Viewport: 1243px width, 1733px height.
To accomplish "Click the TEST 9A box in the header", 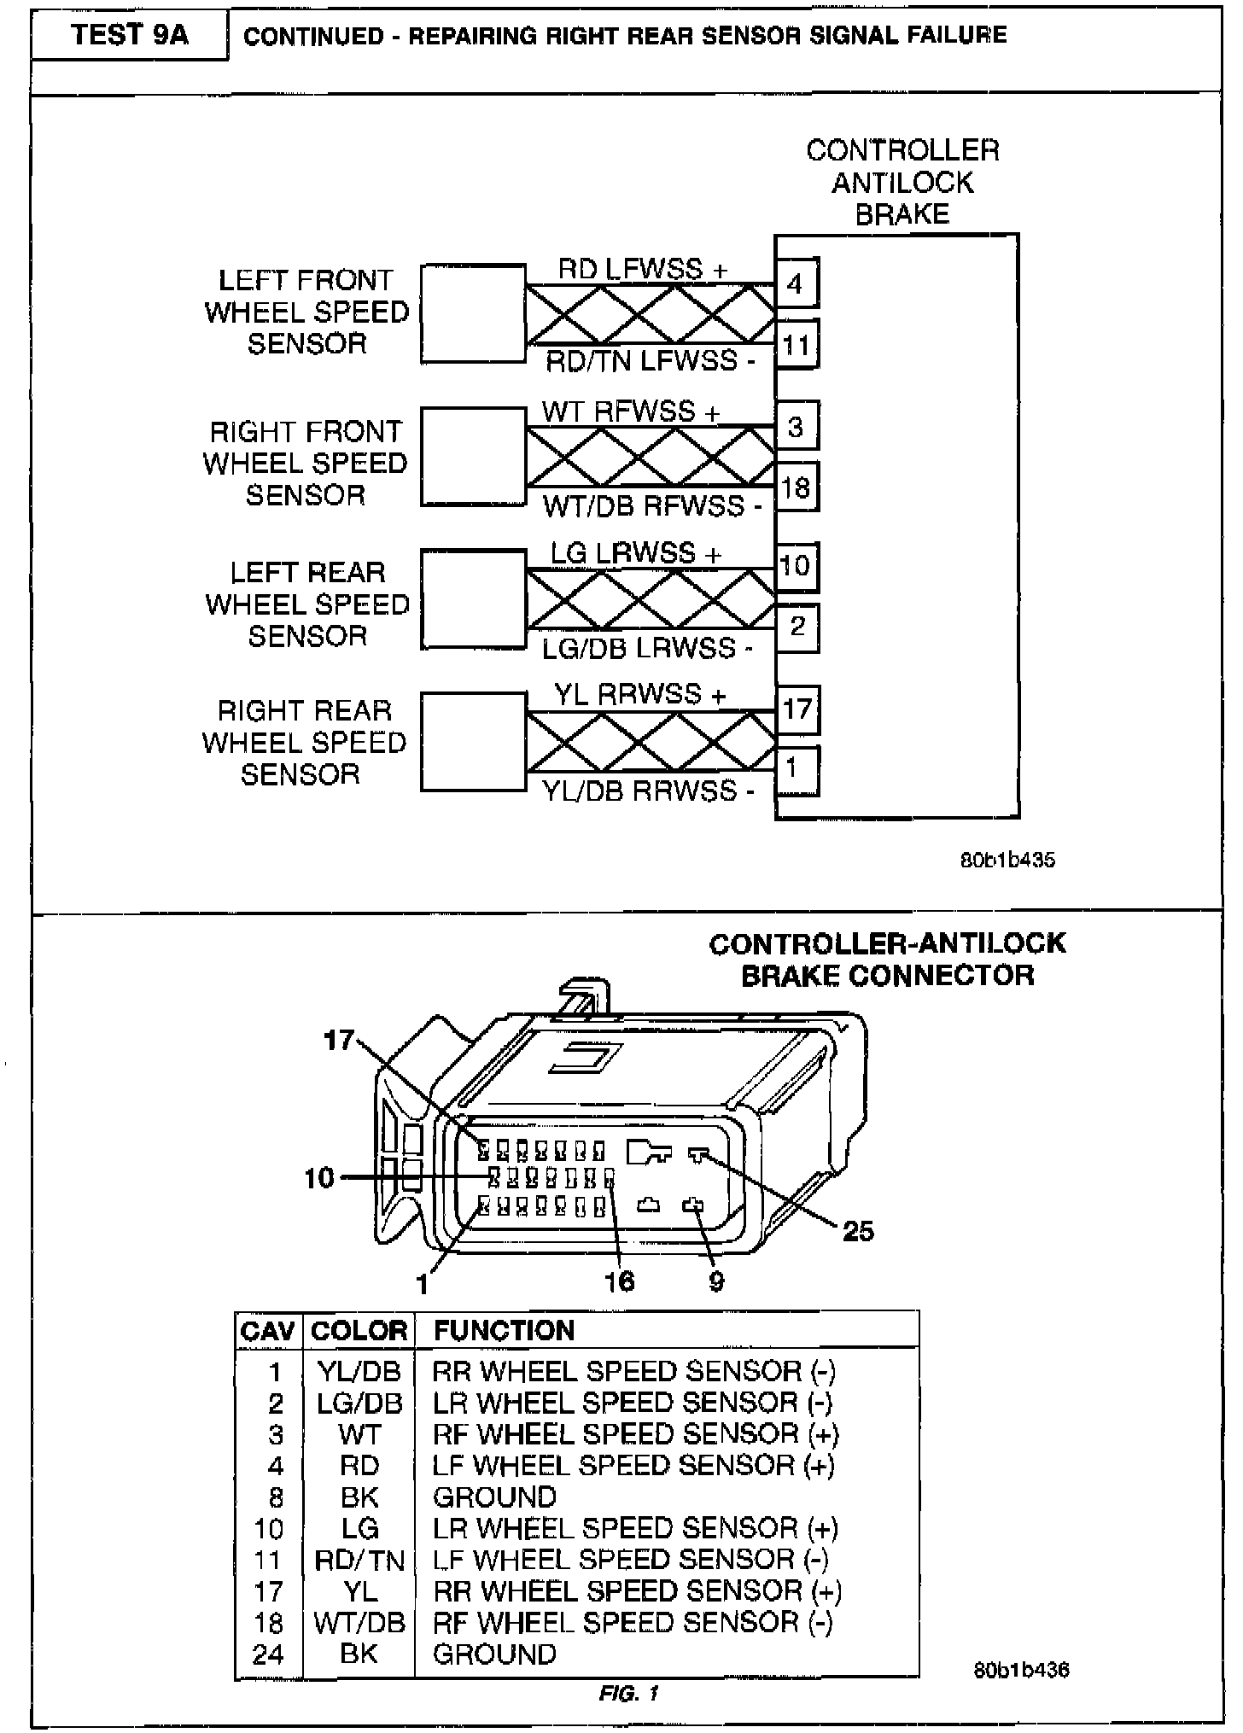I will (x=129, y=35).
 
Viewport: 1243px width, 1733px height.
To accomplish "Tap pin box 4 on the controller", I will (x=796, y=283).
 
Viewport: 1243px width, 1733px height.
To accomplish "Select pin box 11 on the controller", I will (x=796, y=345).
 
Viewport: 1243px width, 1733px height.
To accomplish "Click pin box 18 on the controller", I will (x=796, y=487).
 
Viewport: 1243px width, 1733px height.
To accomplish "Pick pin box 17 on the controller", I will (x=797, y=709).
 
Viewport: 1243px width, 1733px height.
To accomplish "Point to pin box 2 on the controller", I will (x=797, y=627).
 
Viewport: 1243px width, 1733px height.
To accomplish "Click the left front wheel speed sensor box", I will (x=473, y=314).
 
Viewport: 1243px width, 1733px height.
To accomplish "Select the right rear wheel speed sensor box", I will (x=473, y=742).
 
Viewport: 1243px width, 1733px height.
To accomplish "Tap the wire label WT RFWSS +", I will (x=630, y=411).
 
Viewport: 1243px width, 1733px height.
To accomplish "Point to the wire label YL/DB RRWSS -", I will (x=649, y=791).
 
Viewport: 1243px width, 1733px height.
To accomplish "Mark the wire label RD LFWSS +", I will (x=642, y=269).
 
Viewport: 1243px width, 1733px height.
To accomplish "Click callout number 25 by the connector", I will (x=858, y=1230).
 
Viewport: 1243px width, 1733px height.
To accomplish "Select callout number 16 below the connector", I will (x=619, y=1281).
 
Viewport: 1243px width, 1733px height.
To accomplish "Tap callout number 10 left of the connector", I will (x=319, y=1178).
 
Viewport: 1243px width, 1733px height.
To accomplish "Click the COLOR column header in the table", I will (x=359, y=1331).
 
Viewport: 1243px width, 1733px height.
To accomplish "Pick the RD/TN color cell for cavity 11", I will (x=359, y=1561).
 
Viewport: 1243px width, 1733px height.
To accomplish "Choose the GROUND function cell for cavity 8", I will (x=494, y=1497).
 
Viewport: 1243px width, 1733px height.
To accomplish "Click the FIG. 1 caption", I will (x=629, y=1693).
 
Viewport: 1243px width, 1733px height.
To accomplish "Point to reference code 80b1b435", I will (x=1007, y=860).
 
